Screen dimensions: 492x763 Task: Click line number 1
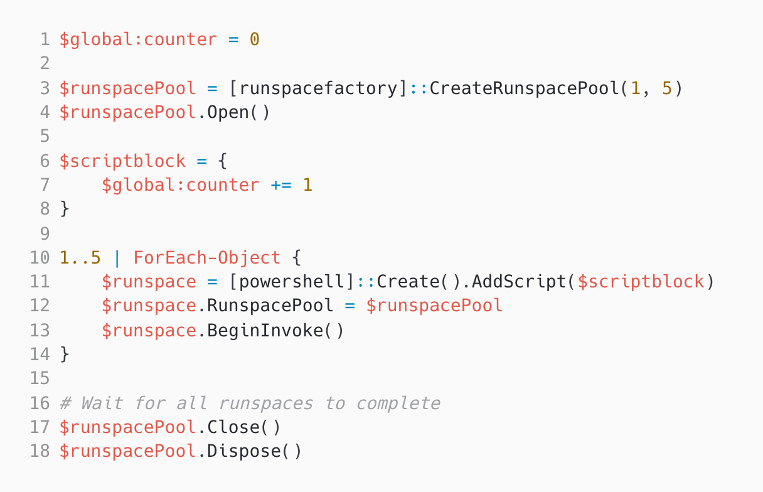(x=44, y=40)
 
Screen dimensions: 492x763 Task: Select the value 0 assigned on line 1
(x=254, y=40)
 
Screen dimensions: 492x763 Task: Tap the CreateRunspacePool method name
(x=524, y=88)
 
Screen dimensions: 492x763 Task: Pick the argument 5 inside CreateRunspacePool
(x=666, y=88)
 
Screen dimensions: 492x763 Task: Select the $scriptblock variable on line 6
(x=122, y=161)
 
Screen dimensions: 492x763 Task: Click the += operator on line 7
(x=281, y=185)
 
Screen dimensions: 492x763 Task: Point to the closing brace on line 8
(x=65, y=209)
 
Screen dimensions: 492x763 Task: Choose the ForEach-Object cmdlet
(x=207, y=257)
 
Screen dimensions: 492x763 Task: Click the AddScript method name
(x=519, y=282)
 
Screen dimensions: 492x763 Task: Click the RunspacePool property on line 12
(x=270, y=306)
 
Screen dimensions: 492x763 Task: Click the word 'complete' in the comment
(x=398, y=403)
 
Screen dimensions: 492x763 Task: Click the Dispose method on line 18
(x=244, y=451)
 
